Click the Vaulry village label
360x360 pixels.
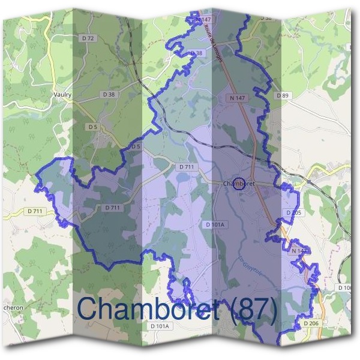[62, 94]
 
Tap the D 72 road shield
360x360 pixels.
[88, 38]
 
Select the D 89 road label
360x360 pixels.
[283, 95]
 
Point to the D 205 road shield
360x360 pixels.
[293, 213]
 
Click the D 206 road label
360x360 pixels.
[310, 323]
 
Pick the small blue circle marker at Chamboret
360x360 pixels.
[239, 183]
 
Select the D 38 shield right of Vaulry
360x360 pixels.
[109, 95]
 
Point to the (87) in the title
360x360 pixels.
[248, 310]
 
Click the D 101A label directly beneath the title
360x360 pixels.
[160, 326]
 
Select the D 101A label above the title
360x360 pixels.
[214, 224]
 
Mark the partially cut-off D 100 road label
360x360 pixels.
[345, 288]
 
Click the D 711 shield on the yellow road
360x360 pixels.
[35, 211]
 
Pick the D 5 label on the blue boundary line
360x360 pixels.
[136, 146]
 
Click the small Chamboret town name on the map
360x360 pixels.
[239, 183]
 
